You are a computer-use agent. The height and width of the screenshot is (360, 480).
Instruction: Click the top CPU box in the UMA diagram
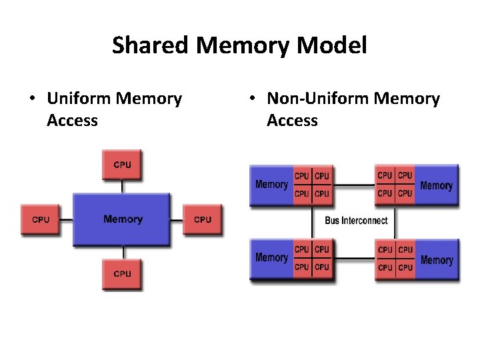[x=122, y=165]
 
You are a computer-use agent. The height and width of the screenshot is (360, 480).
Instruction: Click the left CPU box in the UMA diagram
[x=41, y=219]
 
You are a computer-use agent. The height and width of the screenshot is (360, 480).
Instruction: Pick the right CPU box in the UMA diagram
[x=203, y=219]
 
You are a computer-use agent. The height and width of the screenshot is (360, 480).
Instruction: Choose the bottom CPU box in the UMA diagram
[x=122, y=273]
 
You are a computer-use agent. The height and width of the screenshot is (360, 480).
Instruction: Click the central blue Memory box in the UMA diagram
[x=122, y=219]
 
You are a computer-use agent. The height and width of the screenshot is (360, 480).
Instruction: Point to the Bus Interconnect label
[x=356, y=221]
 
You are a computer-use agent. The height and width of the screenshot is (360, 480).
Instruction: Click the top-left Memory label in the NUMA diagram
[x=271, y=185]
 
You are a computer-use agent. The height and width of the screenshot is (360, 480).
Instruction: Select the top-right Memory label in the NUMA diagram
[x=437, y=186]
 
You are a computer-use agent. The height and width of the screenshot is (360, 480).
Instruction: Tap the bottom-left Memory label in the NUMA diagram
[x=271, y=257]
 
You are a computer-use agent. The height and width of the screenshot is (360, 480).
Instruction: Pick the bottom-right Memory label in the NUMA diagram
[x=437, y=260]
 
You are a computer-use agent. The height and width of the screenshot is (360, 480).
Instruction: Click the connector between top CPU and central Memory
[x=122, y=187]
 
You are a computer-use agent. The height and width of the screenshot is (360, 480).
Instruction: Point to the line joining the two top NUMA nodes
[x=353, y=185]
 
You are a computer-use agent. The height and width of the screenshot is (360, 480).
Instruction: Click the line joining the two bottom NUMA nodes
[x=353, y=258]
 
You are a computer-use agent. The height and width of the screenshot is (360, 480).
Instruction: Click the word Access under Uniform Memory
[x=73, y=121]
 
